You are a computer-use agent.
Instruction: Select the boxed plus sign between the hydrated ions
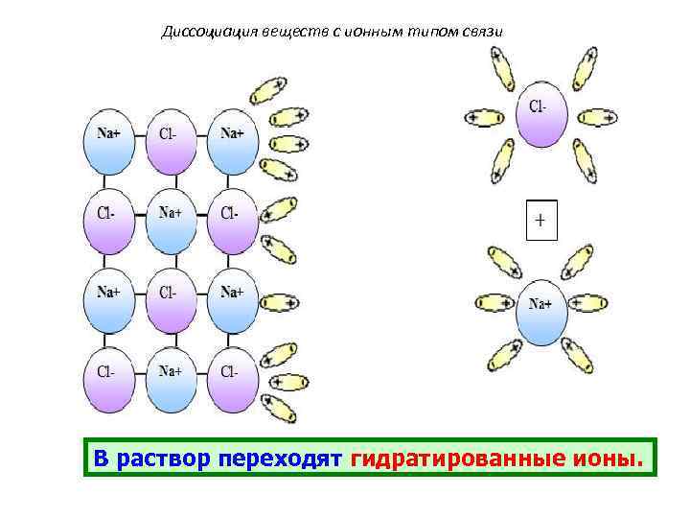(x=540, y=221)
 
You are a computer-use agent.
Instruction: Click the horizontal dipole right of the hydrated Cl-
(x=598, y=118)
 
